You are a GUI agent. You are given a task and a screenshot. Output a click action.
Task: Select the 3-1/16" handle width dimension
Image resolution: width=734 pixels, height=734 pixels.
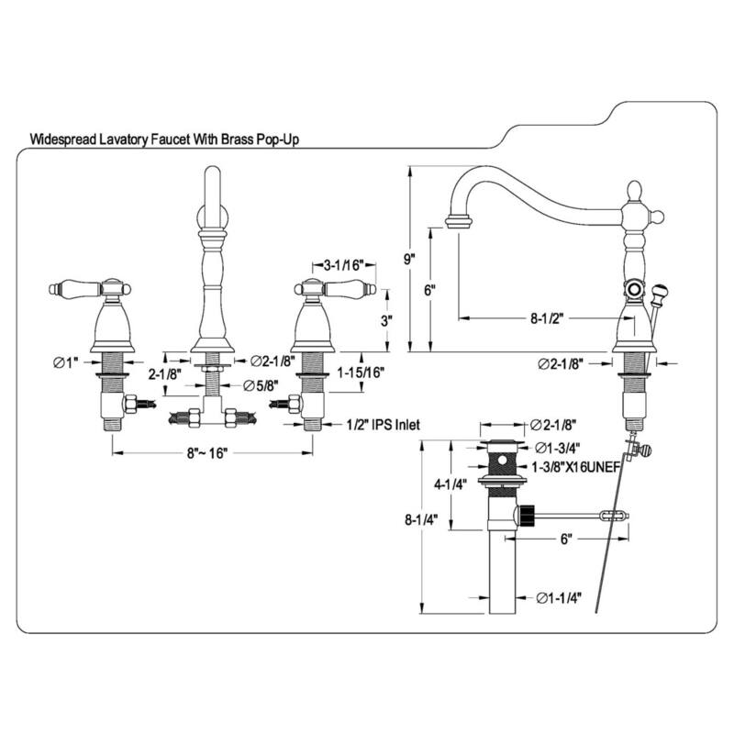pyautogui.click(x=344, y=264)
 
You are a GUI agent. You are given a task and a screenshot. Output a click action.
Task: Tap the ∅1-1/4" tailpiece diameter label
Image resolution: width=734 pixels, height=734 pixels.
pyautogui.click(x=562, y=599)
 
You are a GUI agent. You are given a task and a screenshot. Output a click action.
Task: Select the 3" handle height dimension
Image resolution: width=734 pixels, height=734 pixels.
pyautogui.click(x=388, y=320)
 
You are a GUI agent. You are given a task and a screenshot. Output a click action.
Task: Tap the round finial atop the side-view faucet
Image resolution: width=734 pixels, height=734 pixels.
pyautogui.click(x=634, y=190)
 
